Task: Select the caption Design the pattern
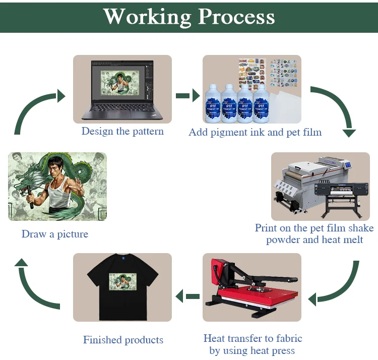[x=122, y=131]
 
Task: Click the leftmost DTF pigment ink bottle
[x=214, y=103]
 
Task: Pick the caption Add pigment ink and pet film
[x=255, y=132]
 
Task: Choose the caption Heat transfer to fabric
[x=253, y=338]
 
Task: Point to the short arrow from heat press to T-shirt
[x=187, y=296]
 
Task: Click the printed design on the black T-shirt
[x=122, y=281]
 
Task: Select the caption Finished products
[x=123, y=340]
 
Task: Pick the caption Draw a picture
[x=55, y=234]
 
